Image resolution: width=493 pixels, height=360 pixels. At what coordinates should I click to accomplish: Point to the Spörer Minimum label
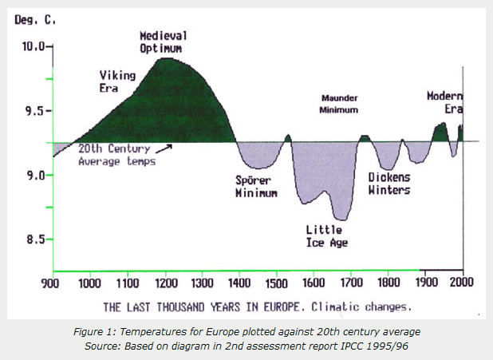click(255, 186)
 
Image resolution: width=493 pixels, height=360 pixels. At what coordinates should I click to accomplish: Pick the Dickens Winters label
click(388, 184)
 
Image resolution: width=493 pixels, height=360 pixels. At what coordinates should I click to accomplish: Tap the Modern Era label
click(444, 101)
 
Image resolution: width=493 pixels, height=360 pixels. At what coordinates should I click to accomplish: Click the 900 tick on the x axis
click(53, 283)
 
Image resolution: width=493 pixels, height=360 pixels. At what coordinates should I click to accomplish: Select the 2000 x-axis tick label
click(462, 283)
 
